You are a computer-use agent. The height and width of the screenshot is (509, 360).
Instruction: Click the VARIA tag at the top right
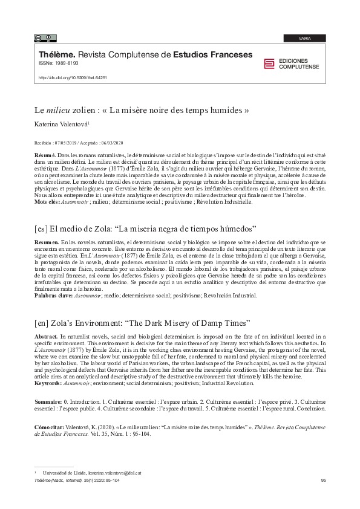[305, 38]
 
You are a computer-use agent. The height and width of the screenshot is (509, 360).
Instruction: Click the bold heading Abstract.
[47, 336]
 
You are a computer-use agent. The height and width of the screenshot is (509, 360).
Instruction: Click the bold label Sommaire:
[49, 401]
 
